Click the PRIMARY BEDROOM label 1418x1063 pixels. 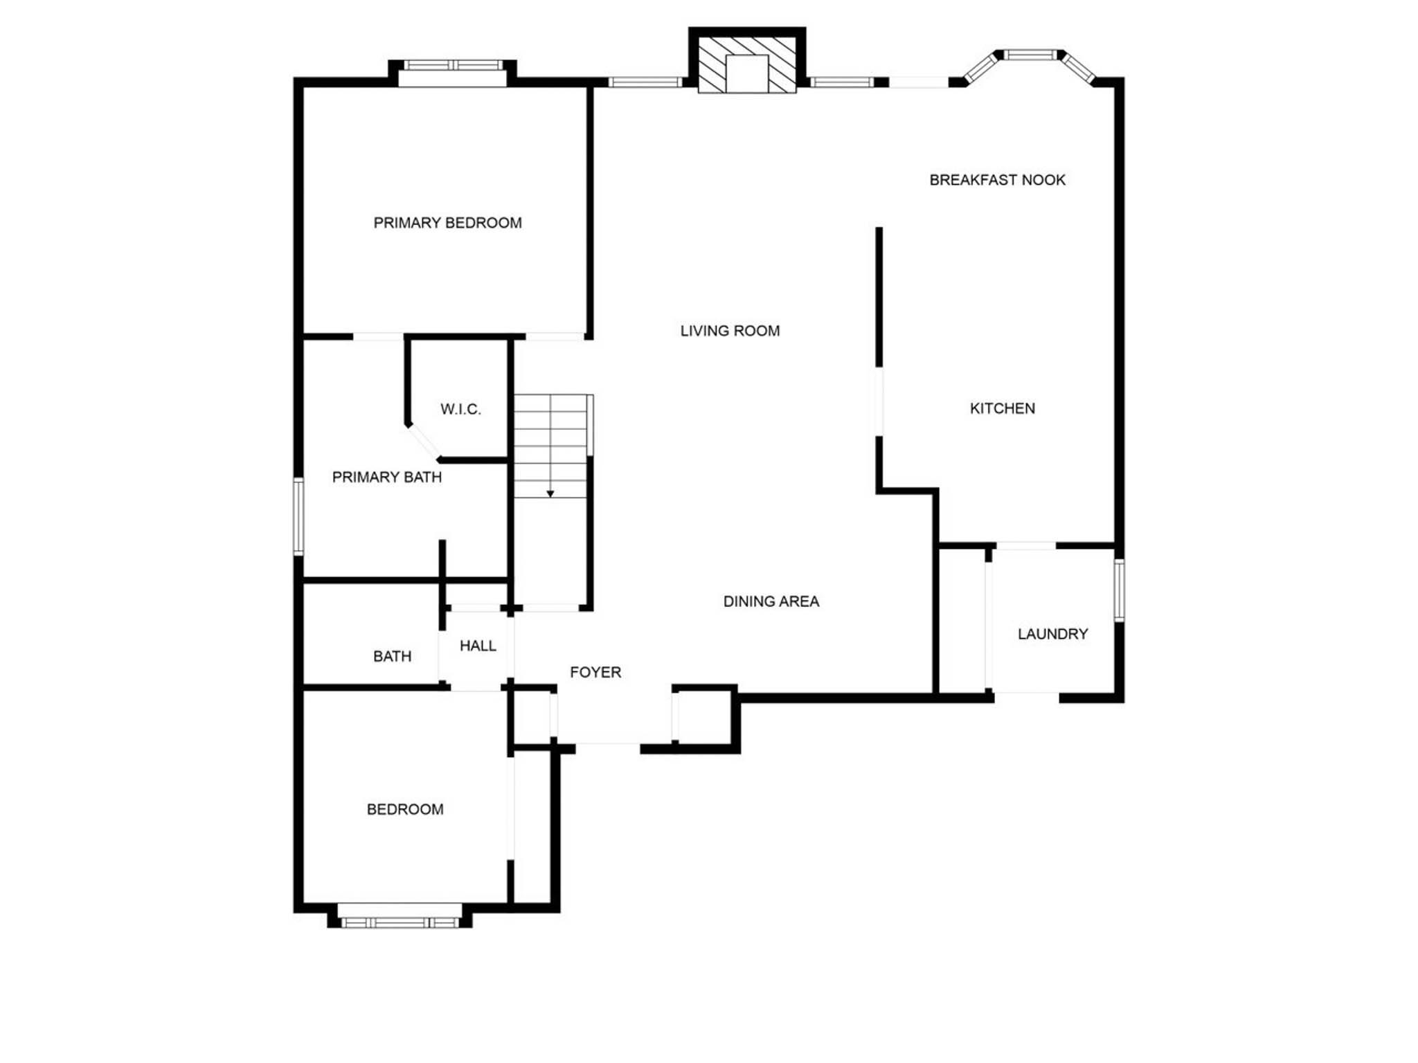point(447,223)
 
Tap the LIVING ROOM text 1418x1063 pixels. point(730,331)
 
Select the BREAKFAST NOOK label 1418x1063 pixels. point(997,180)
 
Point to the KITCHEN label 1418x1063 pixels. point(1002,408)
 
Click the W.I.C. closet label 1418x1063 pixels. point(460,409)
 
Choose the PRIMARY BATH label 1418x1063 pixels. point(386,477)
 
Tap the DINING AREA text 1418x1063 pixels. point(771,601)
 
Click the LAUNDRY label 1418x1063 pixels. point(1052,634)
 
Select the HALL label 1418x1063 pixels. point(478,646)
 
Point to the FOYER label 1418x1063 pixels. point(595,672)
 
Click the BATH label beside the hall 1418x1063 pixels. point(392,656)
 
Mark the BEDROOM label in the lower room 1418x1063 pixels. point(405,809)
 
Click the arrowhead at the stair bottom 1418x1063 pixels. point(550,493)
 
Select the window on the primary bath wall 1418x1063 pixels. point(298,516)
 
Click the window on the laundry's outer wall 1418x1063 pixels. point(1119,590)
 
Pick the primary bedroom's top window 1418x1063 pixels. point(454,66)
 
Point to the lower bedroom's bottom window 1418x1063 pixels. point(400,923)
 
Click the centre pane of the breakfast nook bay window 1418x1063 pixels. point(1031,55)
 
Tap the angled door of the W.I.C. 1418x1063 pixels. point(423,441)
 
